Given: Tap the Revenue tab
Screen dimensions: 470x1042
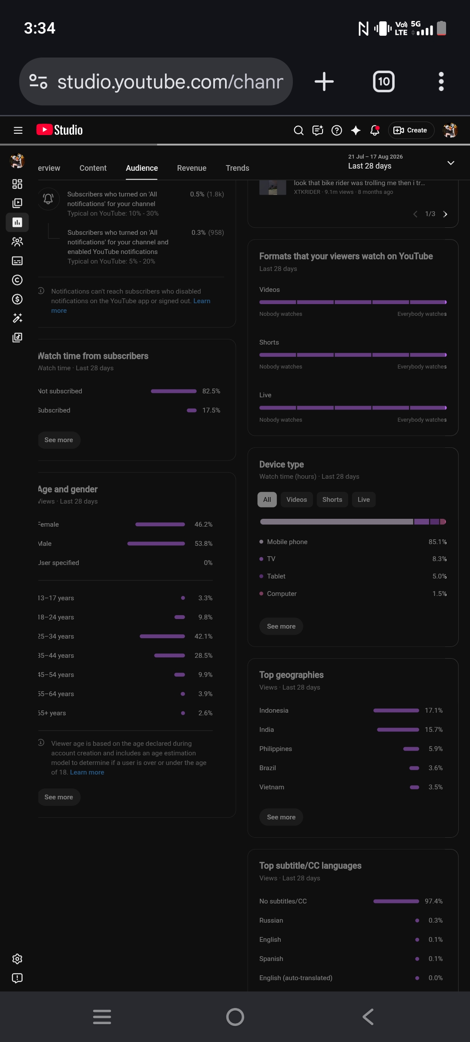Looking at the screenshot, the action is click(x=191, y=168).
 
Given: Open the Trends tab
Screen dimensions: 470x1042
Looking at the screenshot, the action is click(x=237, y=168).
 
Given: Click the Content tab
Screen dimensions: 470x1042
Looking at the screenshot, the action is click(x=93, y=168).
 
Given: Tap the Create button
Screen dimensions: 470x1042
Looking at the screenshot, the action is click(x=411, y=130).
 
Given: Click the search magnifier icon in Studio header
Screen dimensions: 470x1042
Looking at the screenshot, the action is click(x=299, y=130).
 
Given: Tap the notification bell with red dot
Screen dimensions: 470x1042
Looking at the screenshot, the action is click(x=375, y=130).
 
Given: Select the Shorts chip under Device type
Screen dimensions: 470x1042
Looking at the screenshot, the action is click(x=332, y=500).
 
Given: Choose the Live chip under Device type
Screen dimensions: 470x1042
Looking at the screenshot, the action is click(x=364, y=500).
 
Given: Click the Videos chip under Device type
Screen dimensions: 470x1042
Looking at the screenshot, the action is click(x=297, y=500).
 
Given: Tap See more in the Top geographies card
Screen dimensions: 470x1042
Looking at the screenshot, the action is click(x=281, y=817).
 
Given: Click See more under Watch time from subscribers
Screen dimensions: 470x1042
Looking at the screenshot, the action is click(x=59, y=440).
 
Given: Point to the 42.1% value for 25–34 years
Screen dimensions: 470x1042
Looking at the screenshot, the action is click(x=204, y=636).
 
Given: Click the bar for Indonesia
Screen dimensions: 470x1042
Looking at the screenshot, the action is click(x=396, y=710).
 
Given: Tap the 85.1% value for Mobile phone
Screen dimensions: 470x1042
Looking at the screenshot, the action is click(x=438, y=542).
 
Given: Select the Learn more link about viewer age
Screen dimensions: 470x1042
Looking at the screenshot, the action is click(x=87, y=772).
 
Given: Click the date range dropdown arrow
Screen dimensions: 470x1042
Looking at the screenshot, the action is click(x=451, y=163).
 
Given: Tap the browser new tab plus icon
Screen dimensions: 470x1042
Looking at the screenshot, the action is click(x=324, y=81).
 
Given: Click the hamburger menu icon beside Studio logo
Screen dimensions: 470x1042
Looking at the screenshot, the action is click(x=18, y=130).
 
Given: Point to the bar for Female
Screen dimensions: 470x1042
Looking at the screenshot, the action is click(x=160, y=524).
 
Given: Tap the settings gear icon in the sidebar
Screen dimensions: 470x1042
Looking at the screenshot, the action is click(x=17, y=959).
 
